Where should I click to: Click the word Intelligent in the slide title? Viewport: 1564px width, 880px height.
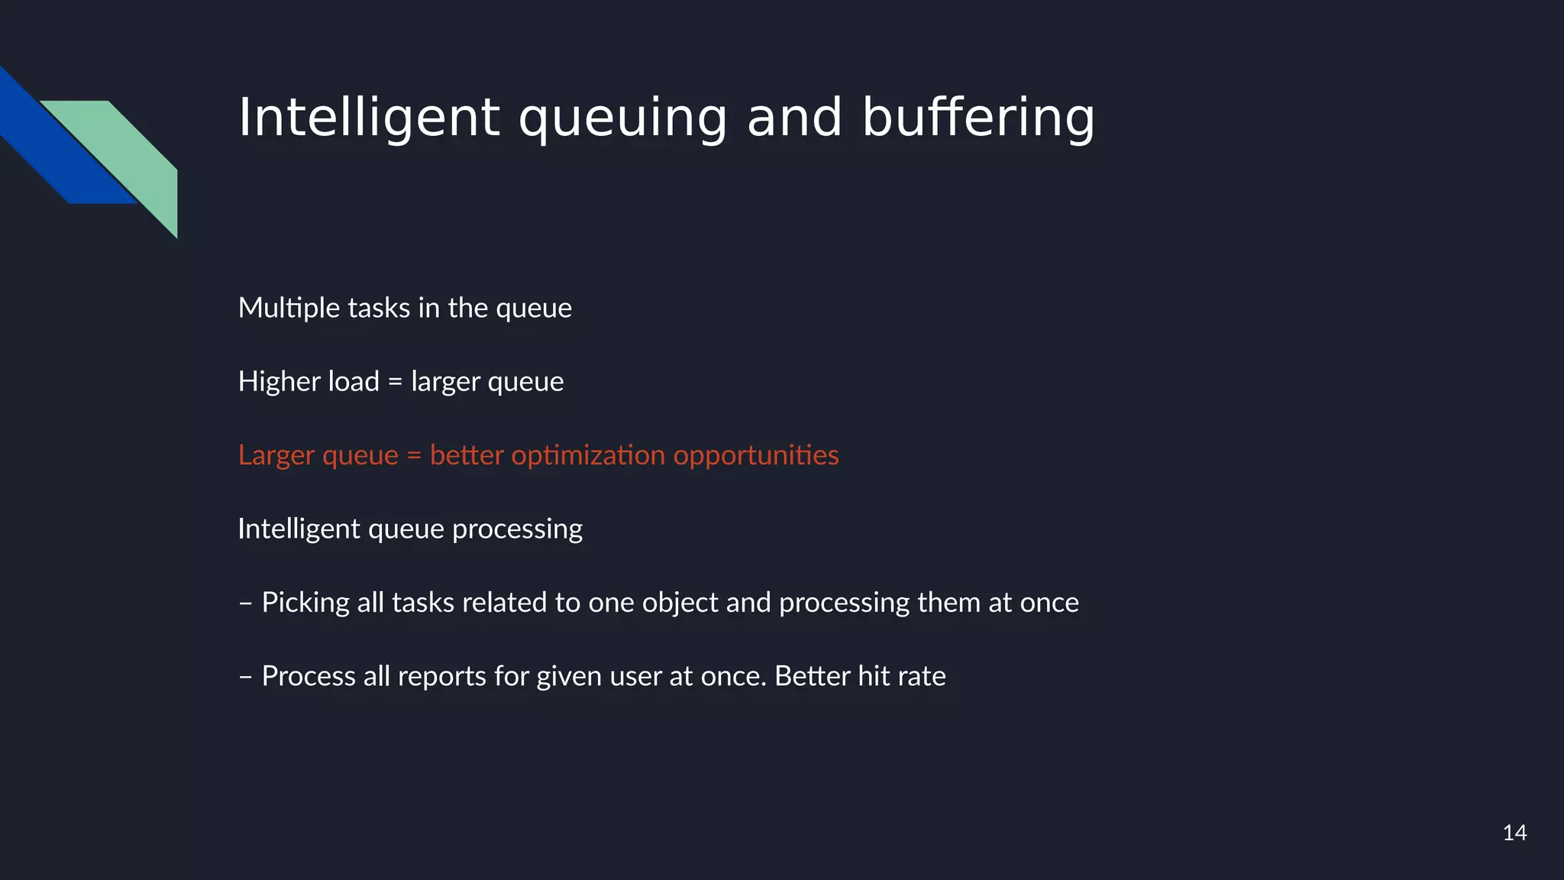pyautogui.click(x=369, y=118)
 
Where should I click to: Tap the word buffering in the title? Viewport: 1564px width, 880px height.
pyautogui.click(x=978, y=118)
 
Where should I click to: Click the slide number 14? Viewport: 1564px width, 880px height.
pyautogui.click(x=1514, y=833)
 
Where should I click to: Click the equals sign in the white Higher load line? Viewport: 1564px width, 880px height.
pyautogui.click(x=395, y=382)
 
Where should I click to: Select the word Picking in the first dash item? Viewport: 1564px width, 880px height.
pyautogui.click(x=305, y=603)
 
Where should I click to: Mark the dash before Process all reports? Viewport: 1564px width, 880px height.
pyautogui.click(x=245, y=677)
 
